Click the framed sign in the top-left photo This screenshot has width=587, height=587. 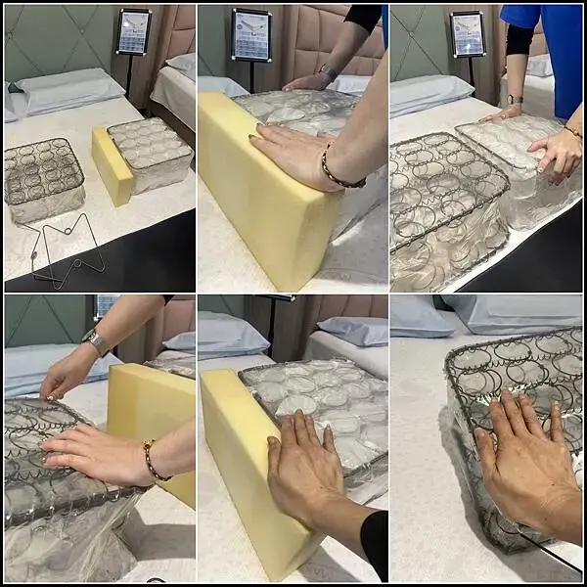[x=133, y=31]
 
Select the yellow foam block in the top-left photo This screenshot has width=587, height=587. [x=112, y=165]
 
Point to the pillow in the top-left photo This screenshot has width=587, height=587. [x=68, y=90]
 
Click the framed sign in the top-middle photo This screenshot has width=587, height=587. [x=251, y=35]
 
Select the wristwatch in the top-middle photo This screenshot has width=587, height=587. [x=328, y=72]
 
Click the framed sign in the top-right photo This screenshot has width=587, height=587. [x=467, y=34]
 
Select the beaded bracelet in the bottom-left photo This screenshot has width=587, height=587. [x=150, y=459]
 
